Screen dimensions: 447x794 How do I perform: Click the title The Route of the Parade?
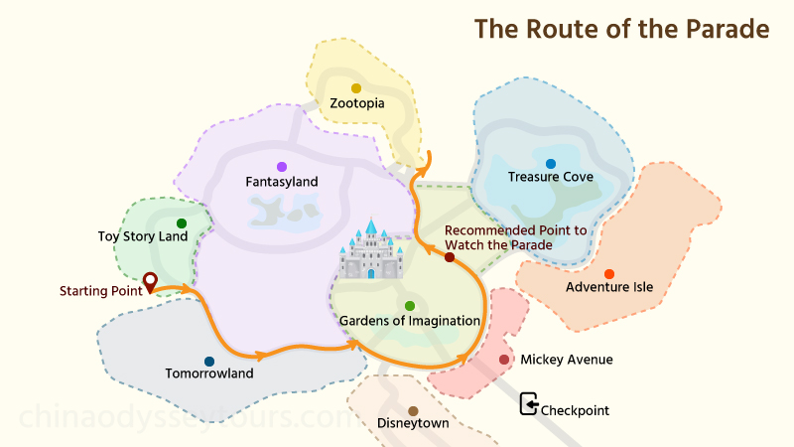(x=622, y=29)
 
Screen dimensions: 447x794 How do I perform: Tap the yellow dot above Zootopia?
(x=356, y=88)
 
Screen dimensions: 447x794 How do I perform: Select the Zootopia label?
(x=356, y=103)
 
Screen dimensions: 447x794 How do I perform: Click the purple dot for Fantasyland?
(x=282, y=167)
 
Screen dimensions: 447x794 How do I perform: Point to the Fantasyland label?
(x=282, y=182)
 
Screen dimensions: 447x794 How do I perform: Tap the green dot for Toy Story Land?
(x=182, y=223)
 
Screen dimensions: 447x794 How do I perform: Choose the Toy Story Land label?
(x=143, y=236)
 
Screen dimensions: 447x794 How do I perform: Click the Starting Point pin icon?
(x=150, y=283)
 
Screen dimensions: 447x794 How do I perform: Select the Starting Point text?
(x=99, y=291)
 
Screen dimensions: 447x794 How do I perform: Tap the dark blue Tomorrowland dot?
(x=209, y=362)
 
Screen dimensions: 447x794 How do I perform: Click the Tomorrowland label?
(x=209, y=374)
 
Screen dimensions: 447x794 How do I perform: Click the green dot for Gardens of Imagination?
(x=410, y=306)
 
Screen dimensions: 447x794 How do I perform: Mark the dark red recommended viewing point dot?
(x=450, y=257)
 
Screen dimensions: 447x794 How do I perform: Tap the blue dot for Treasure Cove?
(x=551, y=163)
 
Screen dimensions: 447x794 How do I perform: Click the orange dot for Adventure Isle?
(x=609, y=274)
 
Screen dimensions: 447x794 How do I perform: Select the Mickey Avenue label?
(x=567, y=360)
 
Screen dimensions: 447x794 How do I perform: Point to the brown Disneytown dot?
(x=413, y=411)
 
